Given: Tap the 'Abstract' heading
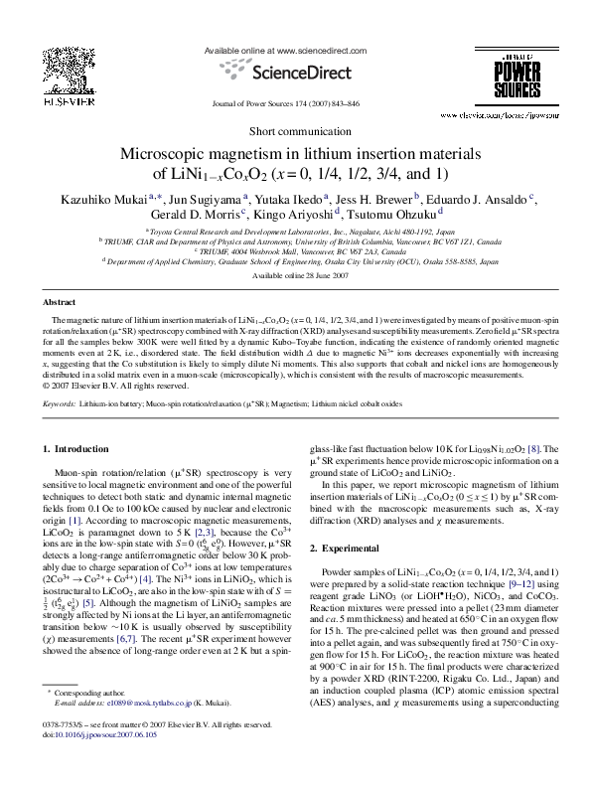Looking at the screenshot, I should tap(60, 301).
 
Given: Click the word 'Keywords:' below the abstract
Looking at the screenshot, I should tap(60, 405).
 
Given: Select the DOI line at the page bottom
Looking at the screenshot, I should tap(93, 765).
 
